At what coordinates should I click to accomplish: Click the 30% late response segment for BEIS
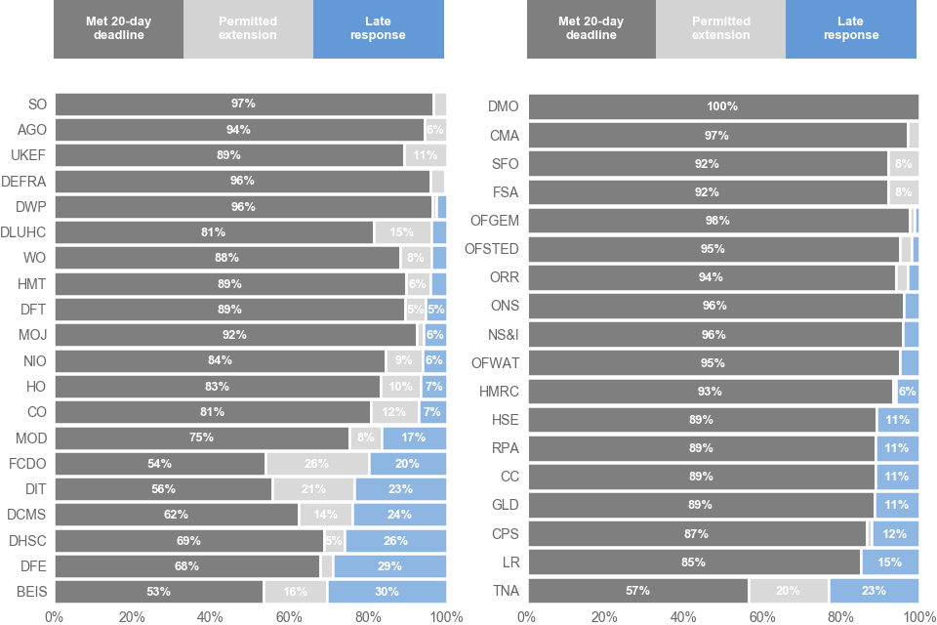pyautogui.click(x=387, y=591)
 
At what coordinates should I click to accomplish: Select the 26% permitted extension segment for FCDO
pyautogui.click(x=318, y=463)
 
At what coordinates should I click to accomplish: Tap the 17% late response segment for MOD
pyautogui.click(x=415, y=437)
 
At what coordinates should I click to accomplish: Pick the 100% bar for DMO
pyautogui.click(x=722, y=106)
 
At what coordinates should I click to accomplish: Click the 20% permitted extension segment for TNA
pyautogui.click(x=788, y=590)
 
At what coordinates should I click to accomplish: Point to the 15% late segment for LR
pyautogui.click(x=889, y=562)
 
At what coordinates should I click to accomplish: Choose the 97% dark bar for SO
pyautogui.click(x=243, y=104)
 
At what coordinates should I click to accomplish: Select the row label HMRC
pyautogui.click(x=499, y=392)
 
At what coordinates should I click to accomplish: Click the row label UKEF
pyautogui.click(x=28, y=155)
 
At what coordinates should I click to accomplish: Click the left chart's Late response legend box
pyautogui.click(x=378, y=29)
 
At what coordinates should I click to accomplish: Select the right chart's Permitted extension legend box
pyautogui.click(x=720, y=29)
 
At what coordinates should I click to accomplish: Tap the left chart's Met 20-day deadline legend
pyautogui.click(x=118, y=29)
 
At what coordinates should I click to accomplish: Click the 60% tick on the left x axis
pyautogui.click(x=290, y=617)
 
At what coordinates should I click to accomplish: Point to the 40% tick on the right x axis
pyautogui.click(x=683, y=617)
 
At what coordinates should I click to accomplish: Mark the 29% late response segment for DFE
pyautogui.click(x=389, y=565)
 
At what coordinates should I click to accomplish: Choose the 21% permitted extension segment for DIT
pyautogui.click(x=313, y=488)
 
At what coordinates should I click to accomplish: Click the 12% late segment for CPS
pyautogui.click(x=895, y=533)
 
